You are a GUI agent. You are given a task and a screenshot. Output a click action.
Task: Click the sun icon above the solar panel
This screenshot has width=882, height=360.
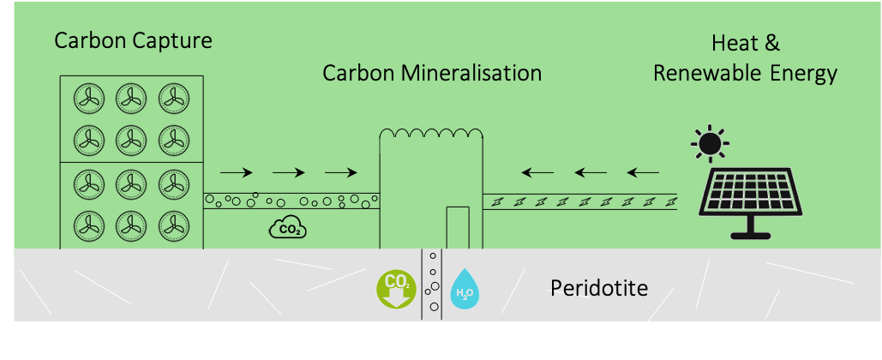coord(709,143)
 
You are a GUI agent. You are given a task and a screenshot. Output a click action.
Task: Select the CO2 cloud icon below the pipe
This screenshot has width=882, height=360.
coord(287,228)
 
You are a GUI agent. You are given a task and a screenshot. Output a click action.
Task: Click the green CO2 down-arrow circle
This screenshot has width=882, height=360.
coord(396,288)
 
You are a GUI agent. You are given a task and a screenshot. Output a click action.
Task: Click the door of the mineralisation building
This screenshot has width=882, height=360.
coord(458,227)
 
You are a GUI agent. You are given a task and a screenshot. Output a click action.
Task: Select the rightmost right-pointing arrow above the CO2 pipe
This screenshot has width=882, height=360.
coord(341,172)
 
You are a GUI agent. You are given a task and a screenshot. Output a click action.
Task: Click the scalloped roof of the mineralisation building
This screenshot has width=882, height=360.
coord(432,134)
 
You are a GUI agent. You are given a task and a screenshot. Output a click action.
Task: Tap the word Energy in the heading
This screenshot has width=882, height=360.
coord(802,74)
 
